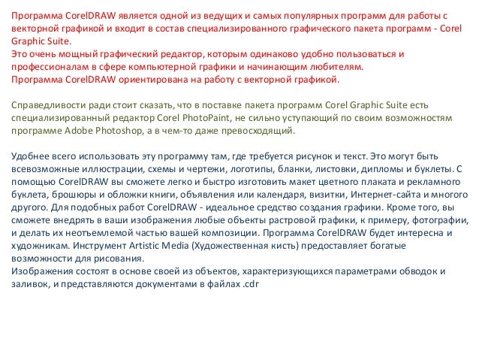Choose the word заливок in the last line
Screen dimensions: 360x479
click(28, 284)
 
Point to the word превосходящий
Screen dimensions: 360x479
click(261, 130)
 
